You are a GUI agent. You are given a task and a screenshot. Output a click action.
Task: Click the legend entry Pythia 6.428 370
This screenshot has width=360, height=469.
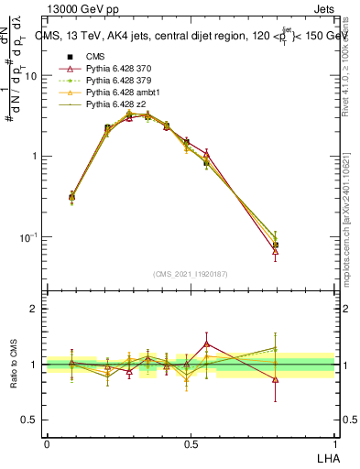point(111,69)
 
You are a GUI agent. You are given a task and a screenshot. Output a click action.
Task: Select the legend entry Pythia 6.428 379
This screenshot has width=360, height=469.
point(111,81)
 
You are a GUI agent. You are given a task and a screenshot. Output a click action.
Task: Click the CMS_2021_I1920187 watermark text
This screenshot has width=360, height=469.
point(191,274)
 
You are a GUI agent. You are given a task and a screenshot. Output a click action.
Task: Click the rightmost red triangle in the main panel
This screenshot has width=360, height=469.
point(276,251)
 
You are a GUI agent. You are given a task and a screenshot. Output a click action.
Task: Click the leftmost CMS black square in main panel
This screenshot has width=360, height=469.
point(72,197)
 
